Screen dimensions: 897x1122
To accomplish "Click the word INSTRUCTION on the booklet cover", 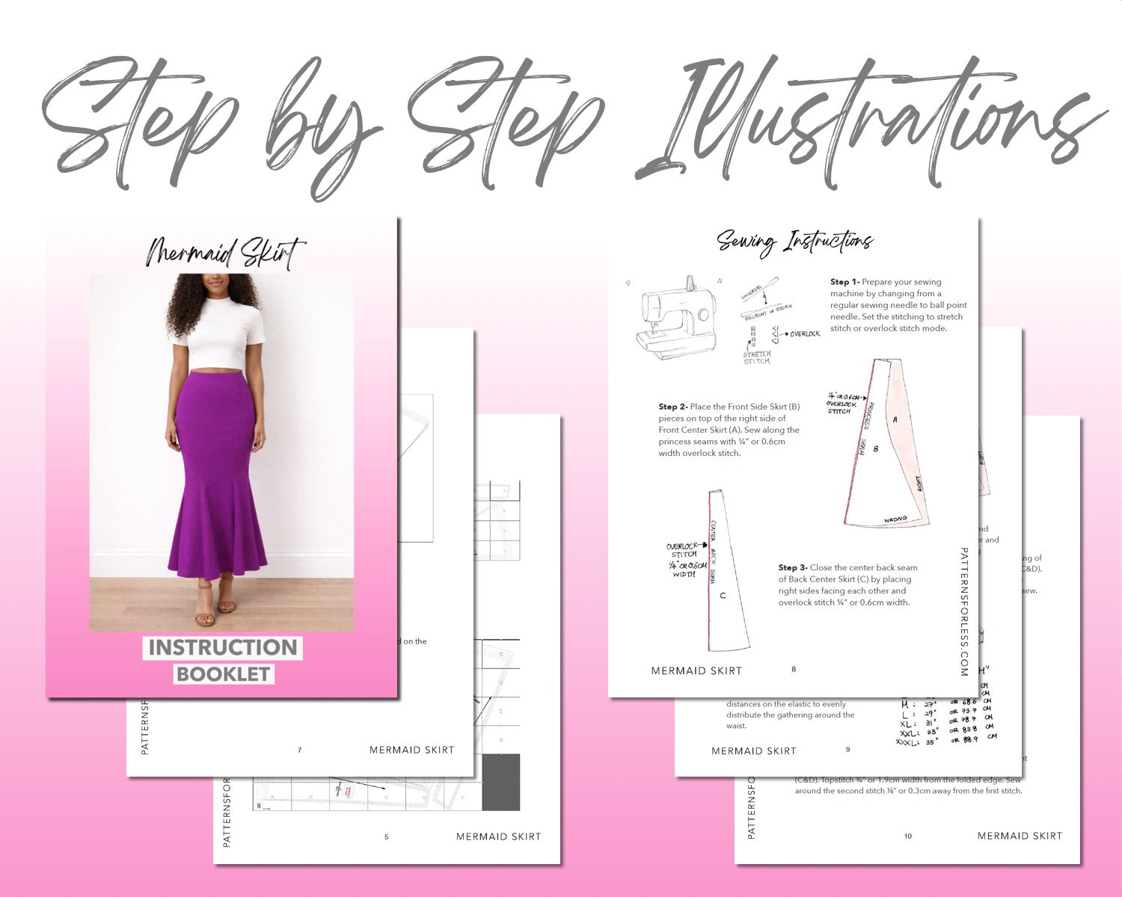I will click(x=223, y=647).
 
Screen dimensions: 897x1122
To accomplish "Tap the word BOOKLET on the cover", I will click(x=223, y=673).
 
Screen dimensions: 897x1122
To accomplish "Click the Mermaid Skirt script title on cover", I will click(x=225, y=253).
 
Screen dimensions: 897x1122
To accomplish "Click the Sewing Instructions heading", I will click(x=794, y=241).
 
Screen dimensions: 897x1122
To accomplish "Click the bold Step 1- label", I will click(x=844, y=282).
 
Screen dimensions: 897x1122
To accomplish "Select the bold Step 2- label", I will click(x=672, y=407).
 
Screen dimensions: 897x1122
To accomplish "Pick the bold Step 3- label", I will click(x=792, y=567).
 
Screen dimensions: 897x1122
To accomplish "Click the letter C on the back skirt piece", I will click(x=723, y=596).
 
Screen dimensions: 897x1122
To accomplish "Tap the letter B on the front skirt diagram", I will click(x=876, y=449).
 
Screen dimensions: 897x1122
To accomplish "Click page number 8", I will click(x=794, y=669).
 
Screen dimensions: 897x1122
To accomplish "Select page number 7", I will click(x=300, y=750).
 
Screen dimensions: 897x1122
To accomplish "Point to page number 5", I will click(x=386, y=836).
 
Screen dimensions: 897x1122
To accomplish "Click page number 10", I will click(x=908, y=836).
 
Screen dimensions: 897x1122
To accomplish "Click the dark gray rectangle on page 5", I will click(x=500, y=782).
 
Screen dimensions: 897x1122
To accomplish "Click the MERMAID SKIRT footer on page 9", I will click(x=753, y=750).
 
